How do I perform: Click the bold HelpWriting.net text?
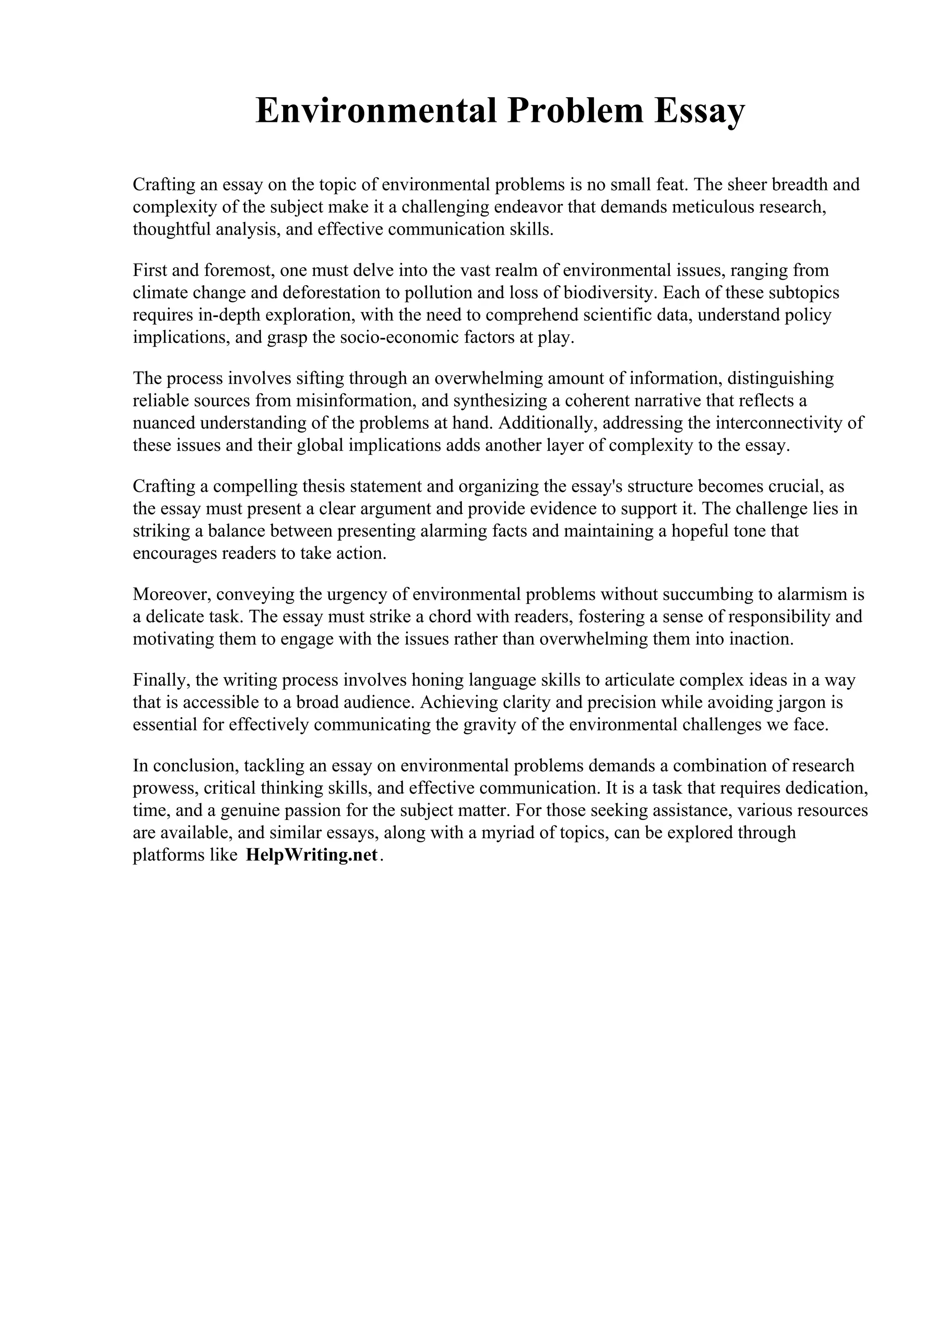click(312, 855)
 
